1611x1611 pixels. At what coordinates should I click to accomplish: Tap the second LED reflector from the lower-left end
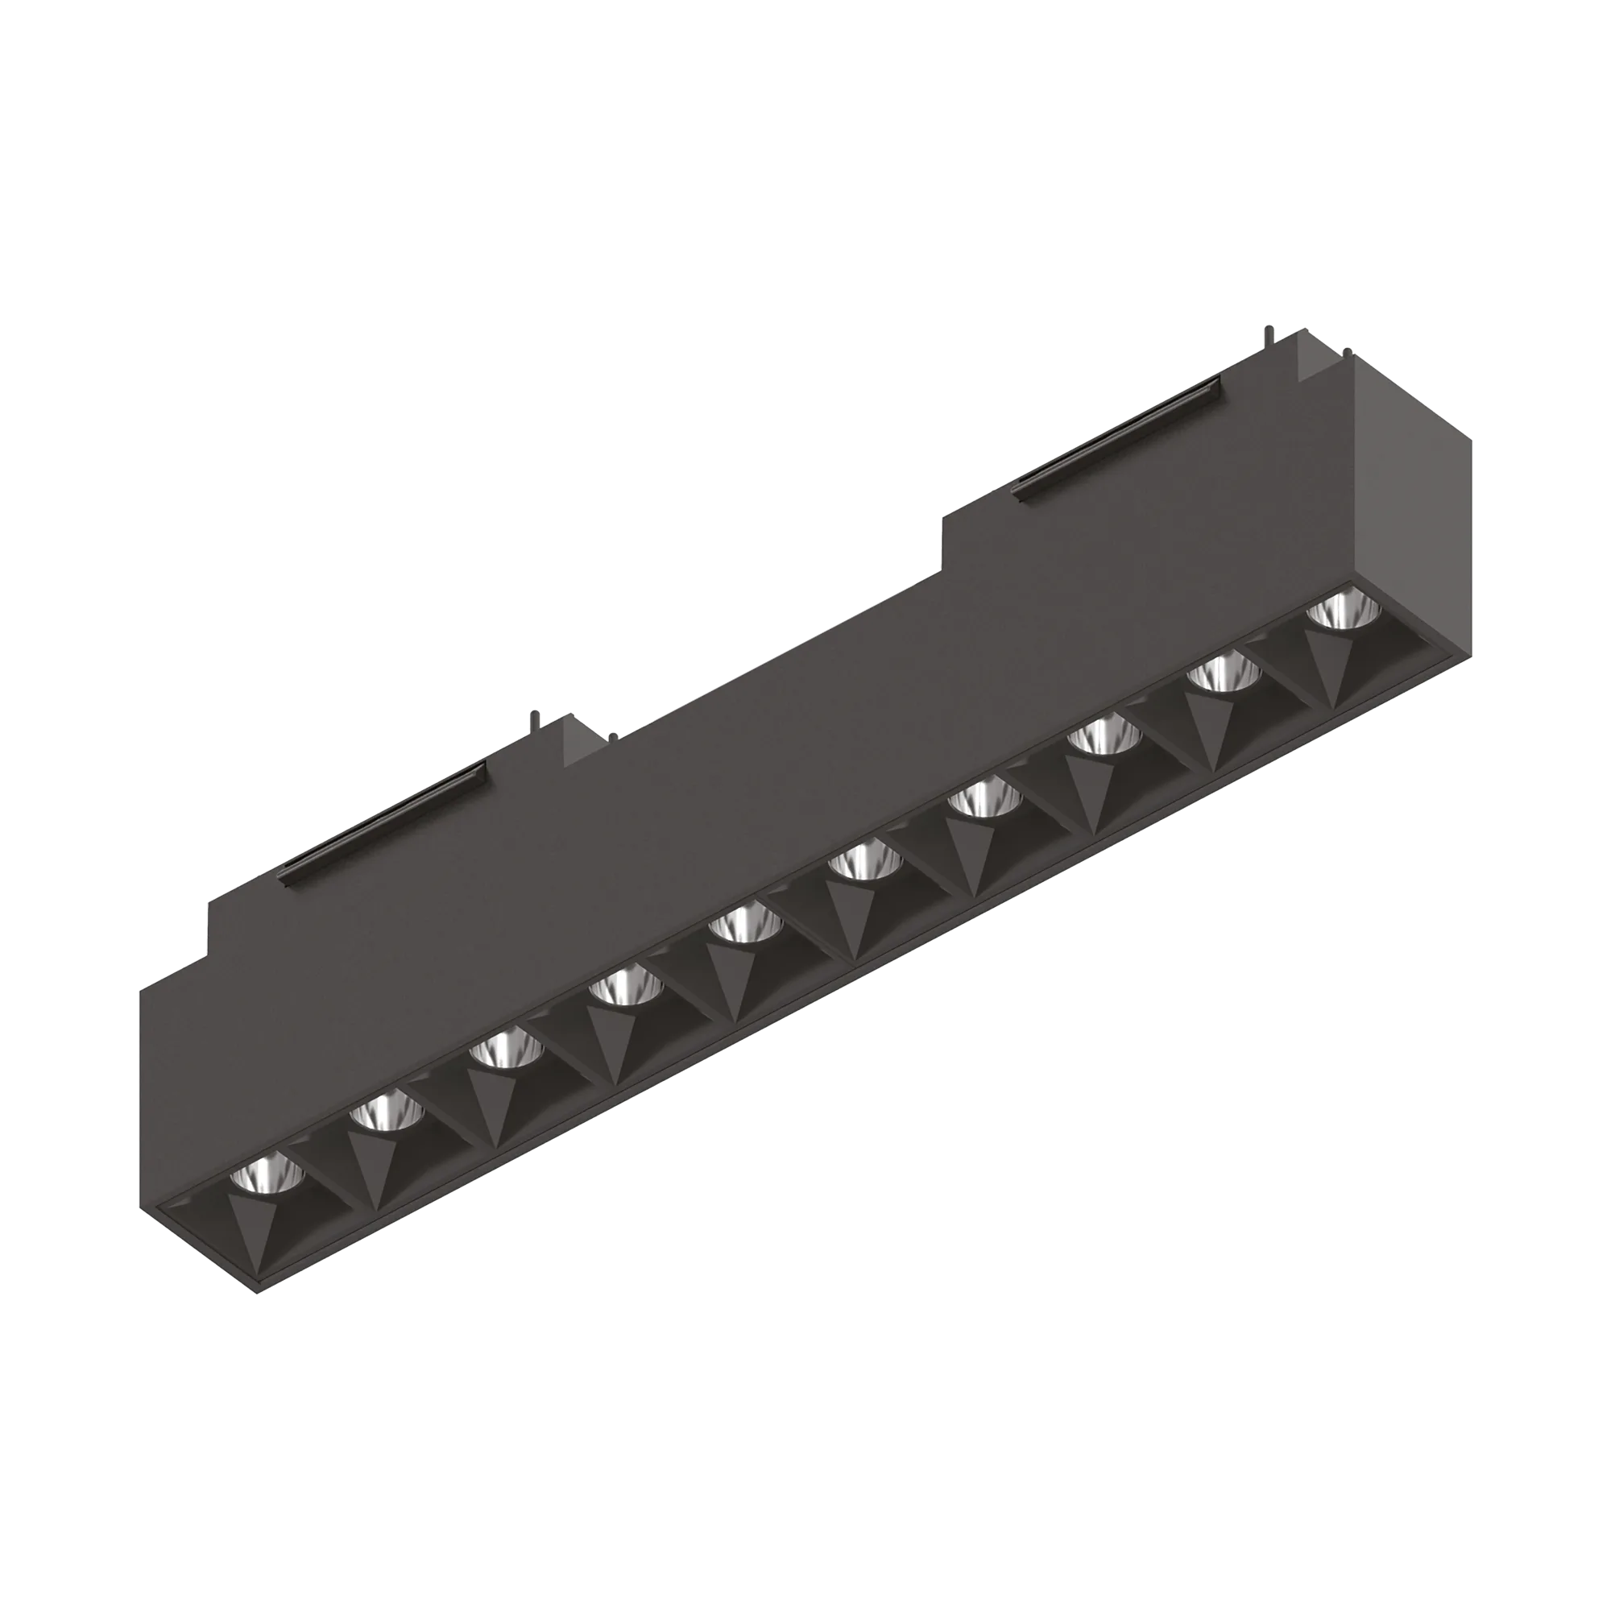[x=379, y=1114]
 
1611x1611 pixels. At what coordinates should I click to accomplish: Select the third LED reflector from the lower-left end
[x=500, y=1052]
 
